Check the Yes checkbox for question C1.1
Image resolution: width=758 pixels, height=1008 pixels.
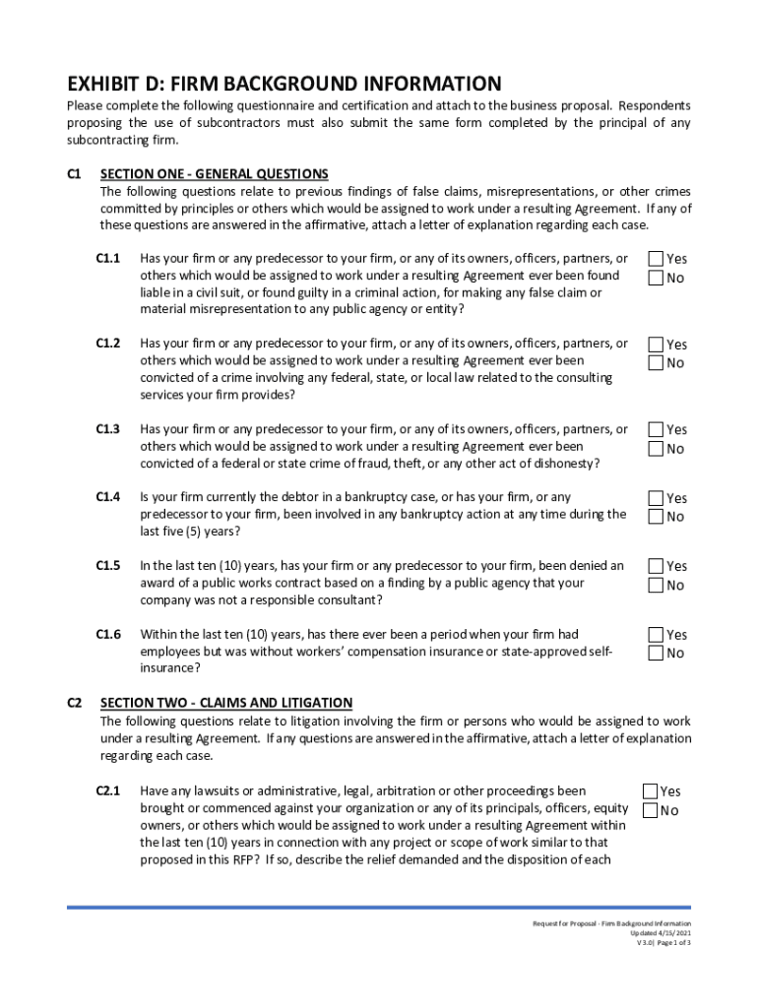pyautogui.click(x=655, y=259)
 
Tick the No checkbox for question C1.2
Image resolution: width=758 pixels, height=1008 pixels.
pyautogui.click(x=655, y=363)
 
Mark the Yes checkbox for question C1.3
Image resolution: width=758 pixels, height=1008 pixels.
pyautogui.click(x=655, y=429)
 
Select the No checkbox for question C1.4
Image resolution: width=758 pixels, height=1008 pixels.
pyautogui.click(x=655, y=517)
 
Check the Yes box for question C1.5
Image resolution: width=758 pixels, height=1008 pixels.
pyautogui.click(x=655, y=566)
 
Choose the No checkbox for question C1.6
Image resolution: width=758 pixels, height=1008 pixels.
pyautogui.click(x=655, y=654)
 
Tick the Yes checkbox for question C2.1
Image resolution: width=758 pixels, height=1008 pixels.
pyautogui.click(x=650, y=791)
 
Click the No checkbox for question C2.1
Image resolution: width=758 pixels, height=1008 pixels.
pyautogui.click(x=650, y=810)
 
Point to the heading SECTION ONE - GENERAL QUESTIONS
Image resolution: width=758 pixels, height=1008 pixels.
pyautogui.click(x=214, y=174)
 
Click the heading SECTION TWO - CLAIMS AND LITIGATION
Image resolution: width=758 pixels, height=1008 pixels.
pyautogui.click(x=225, y=703)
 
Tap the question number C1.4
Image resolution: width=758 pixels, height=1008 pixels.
pyautogui.click(x=107, y=498)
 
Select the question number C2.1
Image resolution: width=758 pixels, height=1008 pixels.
pyautogui.click(x=107, y=791)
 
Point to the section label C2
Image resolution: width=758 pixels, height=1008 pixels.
pyautogui.click(x=74, y=703)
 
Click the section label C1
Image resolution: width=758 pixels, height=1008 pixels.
pyautogui.click(x=74, y=174)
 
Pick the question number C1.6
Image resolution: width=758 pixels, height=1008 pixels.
pyautogui.click(x=107, y=635)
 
